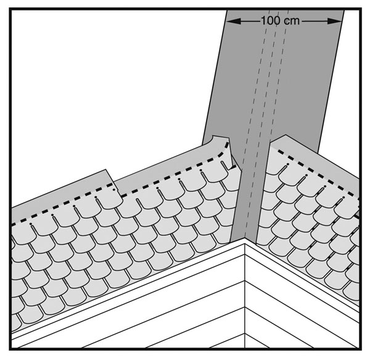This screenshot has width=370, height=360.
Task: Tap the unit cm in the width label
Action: point(292,21)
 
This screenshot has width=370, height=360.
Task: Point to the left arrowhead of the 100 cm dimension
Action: point(234,21)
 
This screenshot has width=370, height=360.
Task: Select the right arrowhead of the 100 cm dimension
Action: point(335,21)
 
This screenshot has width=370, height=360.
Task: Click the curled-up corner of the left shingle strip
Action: point(221,140)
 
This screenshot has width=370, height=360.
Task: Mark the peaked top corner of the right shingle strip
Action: point(286,135)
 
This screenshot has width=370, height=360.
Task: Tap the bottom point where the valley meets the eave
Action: point(245,238)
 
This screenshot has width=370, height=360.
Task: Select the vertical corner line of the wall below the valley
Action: point(245,295)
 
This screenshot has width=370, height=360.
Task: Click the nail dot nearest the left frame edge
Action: point(30,224)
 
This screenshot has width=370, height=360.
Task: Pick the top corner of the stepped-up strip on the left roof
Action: point(105,170)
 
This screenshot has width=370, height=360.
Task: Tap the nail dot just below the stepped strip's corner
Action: point(114,190)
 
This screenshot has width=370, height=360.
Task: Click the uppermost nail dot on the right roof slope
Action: point(287,164)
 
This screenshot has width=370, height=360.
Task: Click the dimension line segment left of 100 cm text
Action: point(250,21)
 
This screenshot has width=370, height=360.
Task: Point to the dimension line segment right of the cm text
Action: point(314,21)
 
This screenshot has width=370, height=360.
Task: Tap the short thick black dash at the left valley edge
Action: point(233,167)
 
